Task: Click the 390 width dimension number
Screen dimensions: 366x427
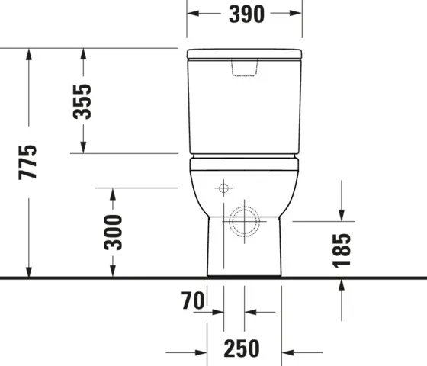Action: click(x=245, y=14)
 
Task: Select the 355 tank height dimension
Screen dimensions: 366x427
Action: click(x=82, y=101)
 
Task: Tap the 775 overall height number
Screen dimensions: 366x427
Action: click(x=28, y=162)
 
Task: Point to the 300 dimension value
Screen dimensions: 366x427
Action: click(x=113, y=232)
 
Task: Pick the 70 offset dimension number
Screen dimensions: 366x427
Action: click(x=194, y=301)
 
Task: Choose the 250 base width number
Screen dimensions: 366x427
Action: click(x=242, y=350)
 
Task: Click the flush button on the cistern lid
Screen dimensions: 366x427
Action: click(x=245, y=69)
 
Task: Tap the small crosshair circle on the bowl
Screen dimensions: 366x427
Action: click(x=223, y=188)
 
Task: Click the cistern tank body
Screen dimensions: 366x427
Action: click(x=245, y=107)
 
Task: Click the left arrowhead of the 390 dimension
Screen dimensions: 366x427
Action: click(x=192, y=14)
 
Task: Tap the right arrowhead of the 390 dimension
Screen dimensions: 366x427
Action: click(x=297, y=14)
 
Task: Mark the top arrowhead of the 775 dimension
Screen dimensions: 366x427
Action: click(x=28, y=53)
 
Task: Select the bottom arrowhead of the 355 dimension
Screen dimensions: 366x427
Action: click(x=82, y=148)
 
